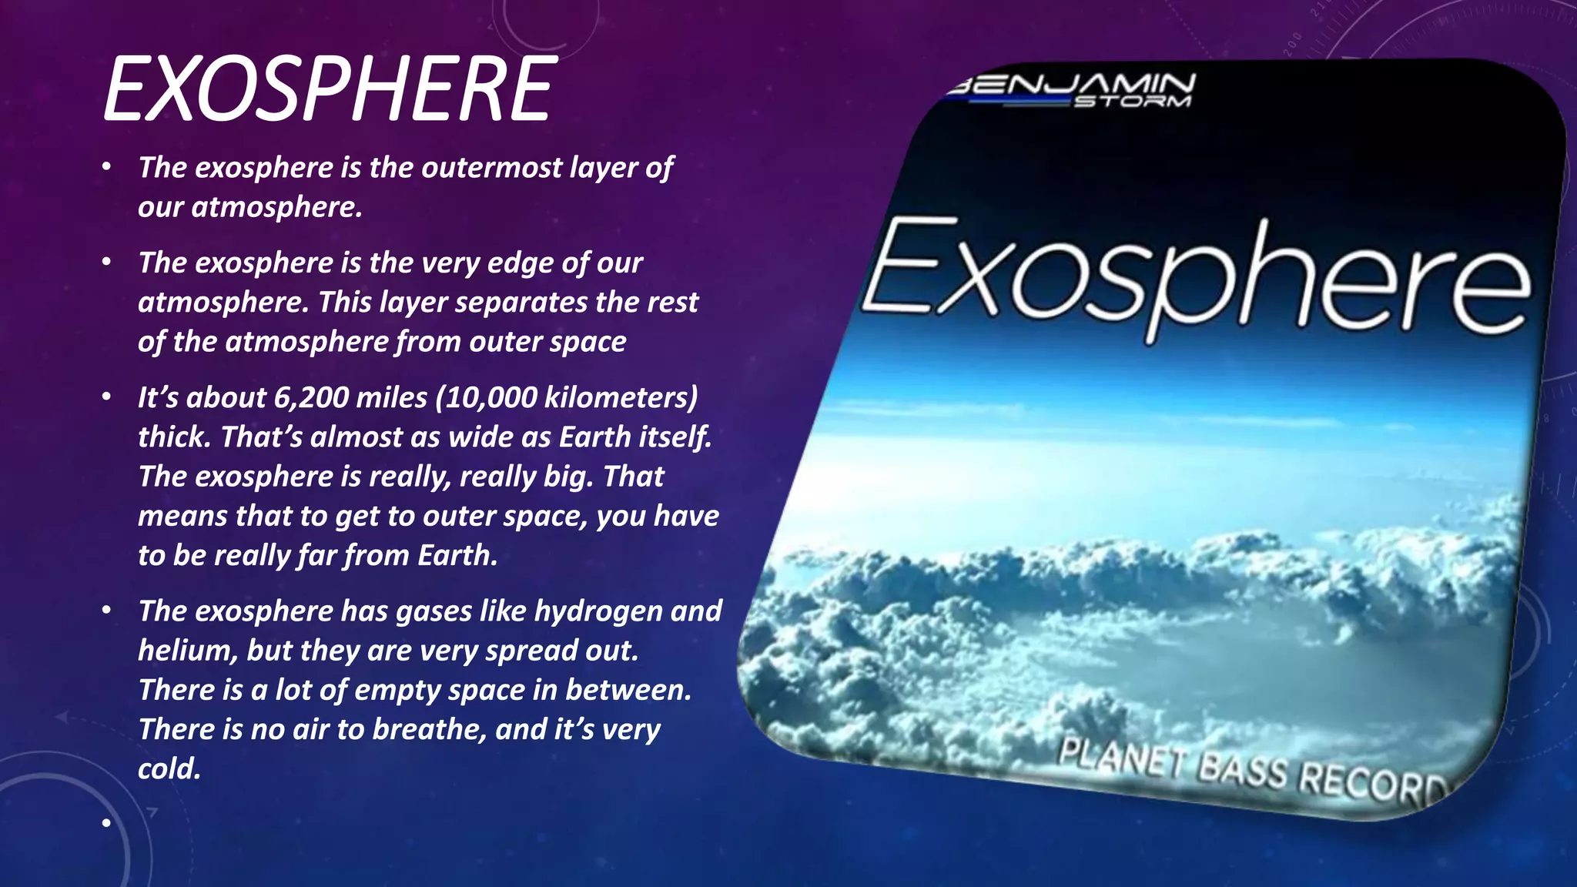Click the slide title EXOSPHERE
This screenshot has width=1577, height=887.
tap(329, 89)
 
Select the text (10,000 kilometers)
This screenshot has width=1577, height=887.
tap(567, 397)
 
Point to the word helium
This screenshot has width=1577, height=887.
tap(186, 651)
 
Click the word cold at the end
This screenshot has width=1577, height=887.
tap(169, 768)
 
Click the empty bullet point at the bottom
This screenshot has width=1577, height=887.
tap(106, 823)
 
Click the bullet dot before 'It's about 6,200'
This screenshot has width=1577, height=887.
tap(106, 397)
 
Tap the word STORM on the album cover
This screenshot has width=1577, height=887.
tap(1132, 101)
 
